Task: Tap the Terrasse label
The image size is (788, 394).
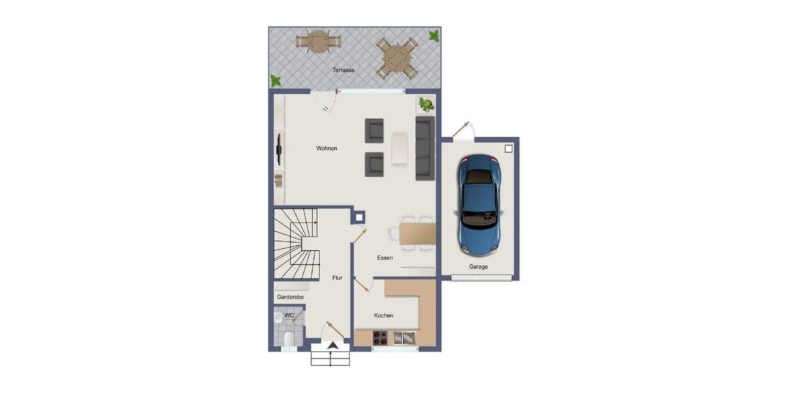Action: tap(343, 70)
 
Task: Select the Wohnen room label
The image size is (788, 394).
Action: tap(326, 148)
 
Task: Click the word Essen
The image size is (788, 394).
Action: tap(385, 258)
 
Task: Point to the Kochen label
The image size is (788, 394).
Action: tap(383, 316)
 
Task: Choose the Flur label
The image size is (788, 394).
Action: tap(337, 278)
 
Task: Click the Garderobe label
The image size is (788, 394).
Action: tap(290, 297)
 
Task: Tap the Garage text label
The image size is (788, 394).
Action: tap(478, 267)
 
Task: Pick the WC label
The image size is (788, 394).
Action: tap(288, 315)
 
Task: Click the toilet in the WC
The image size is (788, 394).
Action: tap(288, 338)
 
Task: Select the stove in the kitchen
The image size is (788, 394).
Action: tap(380, 338)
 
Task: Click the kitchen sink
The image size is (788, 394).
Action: tap(405, 338)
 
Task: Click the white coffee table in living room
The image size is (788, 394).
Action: tap(399, 148)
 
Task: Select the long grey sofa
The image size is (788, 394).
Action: tap(425, 148)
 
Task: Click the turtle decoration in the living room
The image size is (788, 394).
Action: tap(426, 104)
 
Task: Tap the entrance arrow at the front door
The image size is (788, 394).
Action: tap(333, 345)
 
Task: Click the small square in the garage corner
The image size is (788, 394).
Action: tap(508, 149)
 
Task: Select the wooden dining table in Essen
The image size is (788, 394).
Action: tap(417, 233)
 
